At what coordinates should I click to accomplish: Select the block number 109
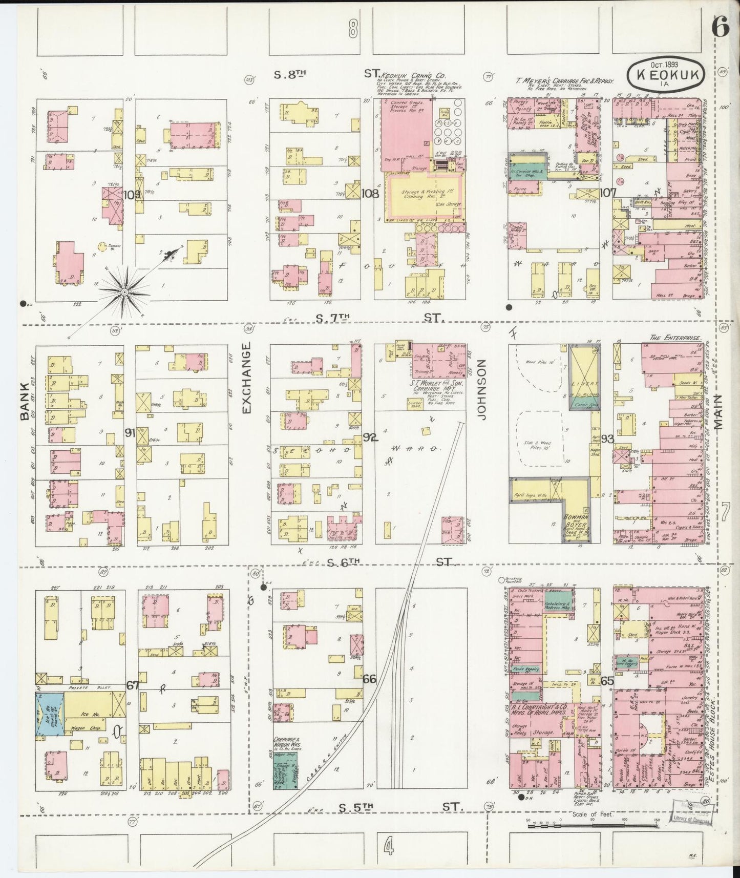132,195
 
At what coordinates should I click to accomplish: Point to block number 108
369,194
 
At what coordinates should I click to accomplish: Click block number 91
130,433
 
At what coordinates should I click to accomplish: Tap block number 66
369,679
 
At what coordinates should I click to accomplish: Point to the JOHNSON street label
481,389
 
